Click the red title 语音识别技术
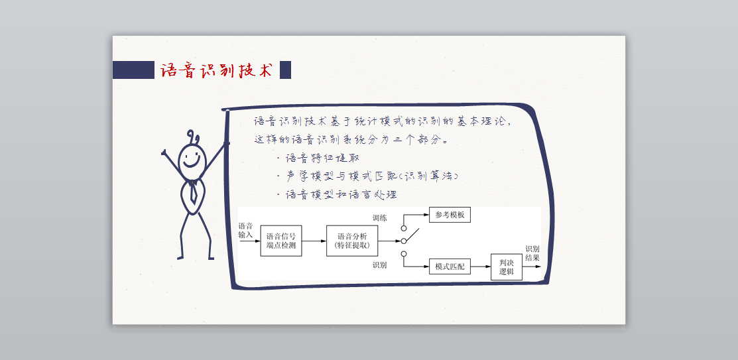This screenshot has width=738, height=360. tap(217, 70)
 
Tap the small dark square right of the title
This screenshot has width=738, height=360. tap(285, 70)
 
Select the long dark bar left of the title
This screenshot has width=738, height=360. tap(133, 70)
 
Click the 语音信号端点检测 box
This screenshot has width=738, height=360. tap(281, 241)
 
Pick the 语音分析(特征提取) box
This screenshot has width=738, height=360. tap(352, 241)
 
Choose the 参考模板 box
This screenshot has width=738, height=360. tap(450, 215)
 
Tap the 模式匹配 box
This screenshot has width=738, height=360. tap(450, 267)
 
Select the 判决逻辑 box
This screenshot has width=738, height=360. tap(507, 267)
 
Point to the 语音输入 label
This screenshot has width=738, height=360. tap(246, 230)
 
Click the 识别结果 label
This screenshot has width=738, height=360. tap(532, 253)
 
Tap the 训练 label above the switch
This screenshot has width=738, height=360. tap(380, 217)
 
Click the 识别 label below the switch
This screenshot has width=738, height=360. tap(380, 265)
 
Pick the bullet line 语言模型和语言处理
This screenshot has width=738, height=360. tap(339, 195)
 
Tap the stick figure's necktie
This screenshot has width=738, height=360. tap(192, 191)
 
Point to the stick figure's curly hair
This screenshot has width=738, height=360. tap(194, 137)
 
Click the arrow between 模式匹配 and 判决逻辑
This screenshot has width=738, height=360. tap(481, 267)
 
